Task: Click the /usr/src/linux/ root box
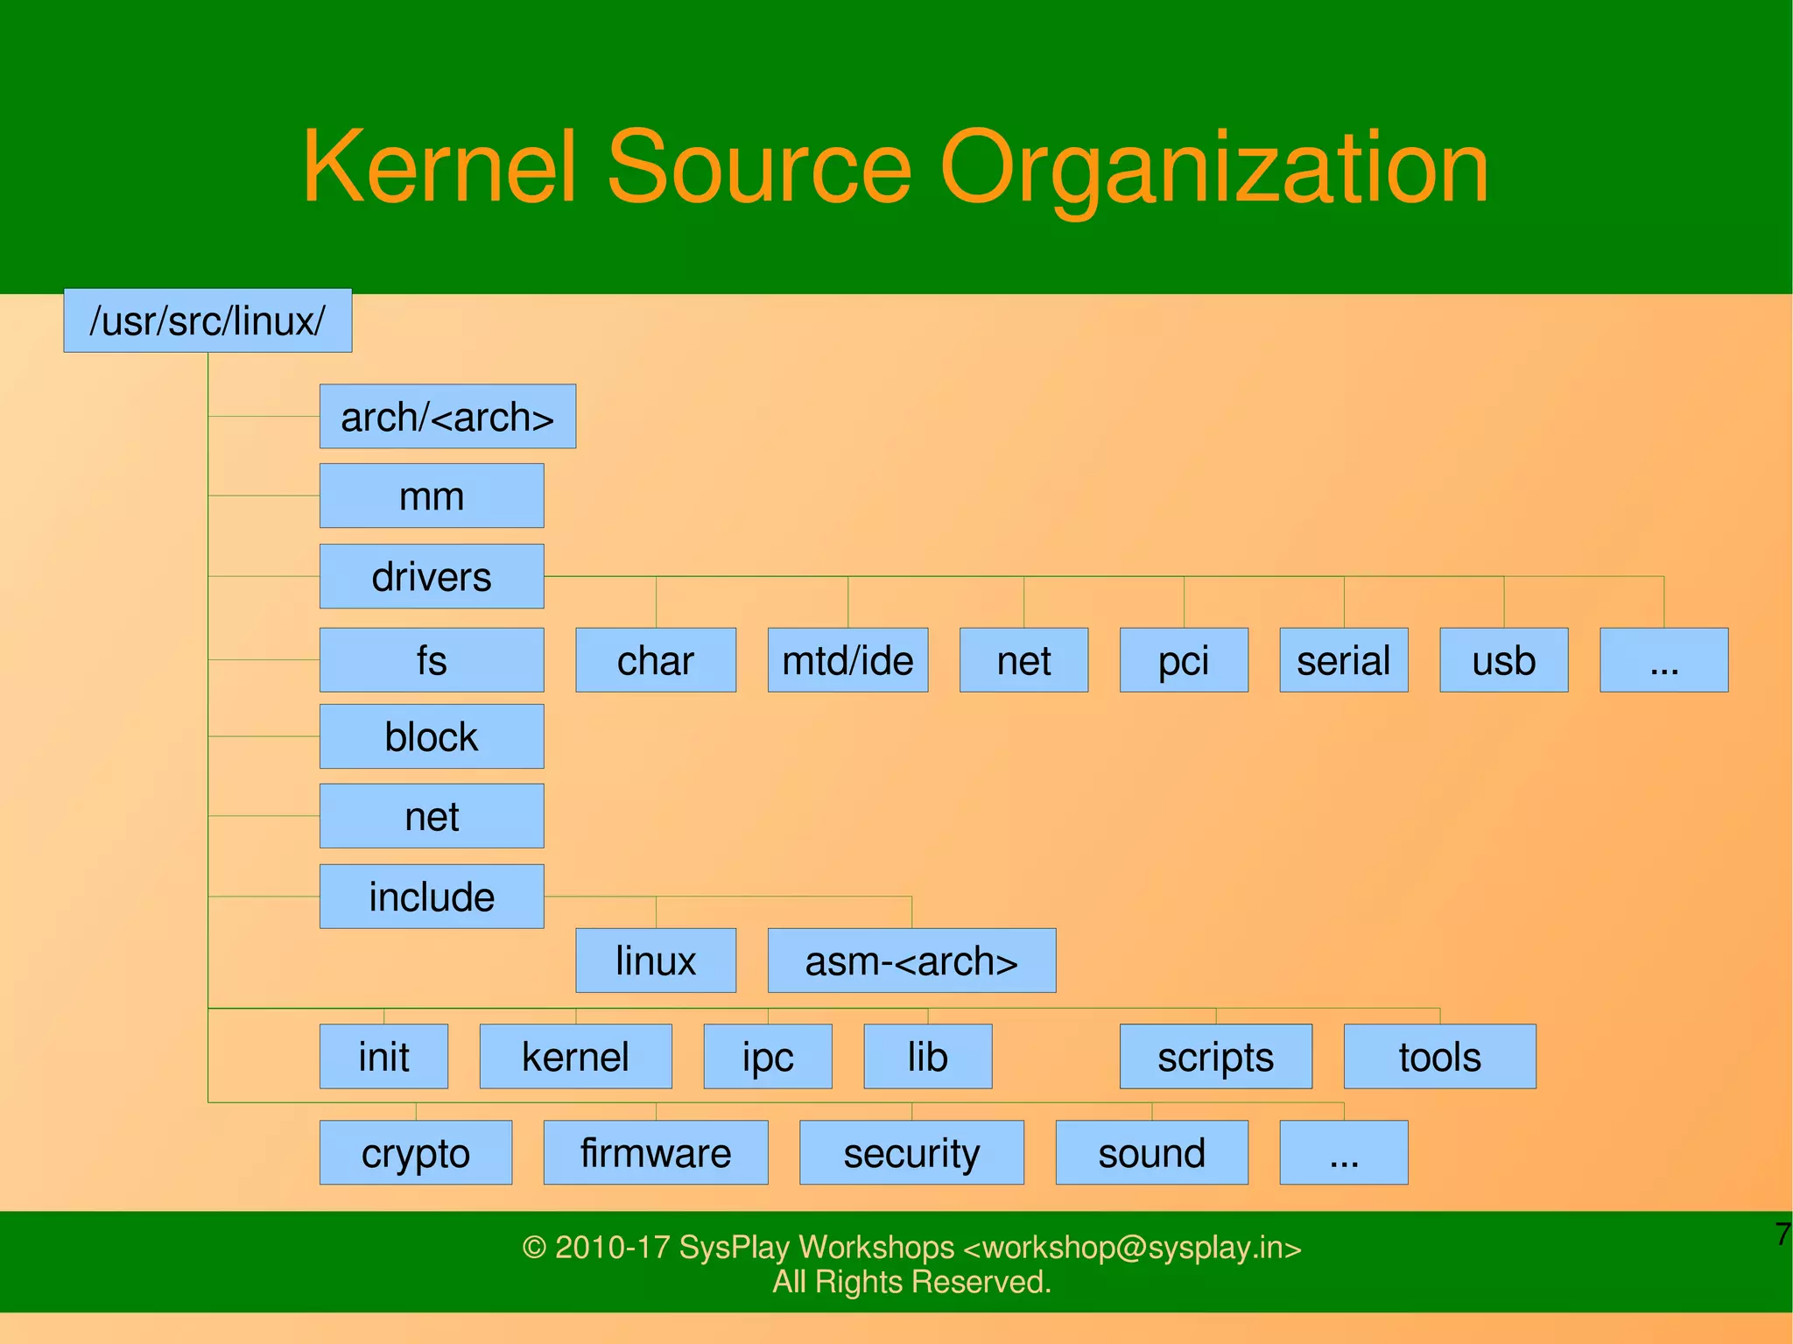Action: pyautogui.click(x=207, y=320)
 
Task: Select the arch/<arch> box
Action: pyautogui.click(x=447, y=417)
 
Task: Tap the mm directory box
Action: pyautogui.click(x=432, y=496)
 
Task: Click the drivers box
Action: pyautogui.click(x=432, y=576)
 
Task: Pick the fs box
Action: pyautogui.click(x=432, y=660)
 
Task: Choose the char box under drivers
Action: pyautogui.click(x=656, y=660)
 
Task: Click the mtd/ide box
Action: pyautogui.click(x=847, y=660)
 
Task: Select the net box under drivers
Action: pyautogui.click(x=1023, y=660)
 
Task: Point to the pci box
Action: pyautogui.click(x=1184, y=660)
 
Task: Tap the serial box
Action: pyautogui.click(x=1344, y=660)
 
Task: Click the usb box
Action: pyautogui.click(x=1503, y=660)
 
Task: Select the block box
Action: pyautogui.click(x=432, y=736)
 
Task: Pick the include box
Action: pyautogui.click(x=432, y=897)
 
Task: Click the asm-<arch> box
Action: pyautogui.click(x=911, y=961)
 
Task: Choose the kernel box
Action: pyautogui.click(x=575, y=1057)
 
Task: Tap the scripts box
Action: pyautogui.click(x=1215, y=1057)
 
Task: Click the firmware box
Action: pyautogui.click(x=656, y=1152)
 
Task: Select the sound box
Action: pyautogui.click(x=1151, y=1152)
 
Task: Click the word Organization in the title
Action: pyautogui.click(x=1213, y=168)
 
